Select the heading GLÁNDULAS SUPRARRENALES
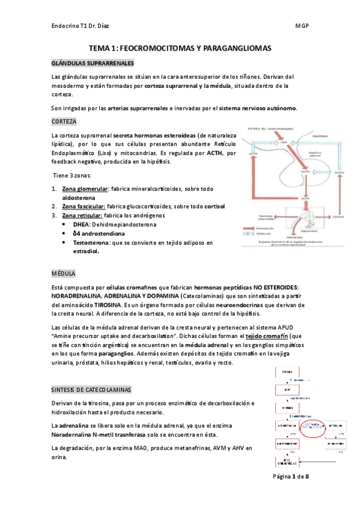(93, 64)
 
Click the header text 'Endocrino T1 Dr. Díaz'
(84, 26)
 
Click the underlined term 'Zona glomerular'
(85, 189)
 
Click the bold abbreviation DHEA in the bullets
(82, 224)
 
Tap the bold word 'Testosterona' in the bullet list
(92, 242)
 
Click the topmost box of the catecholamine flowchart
(287, 372)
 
